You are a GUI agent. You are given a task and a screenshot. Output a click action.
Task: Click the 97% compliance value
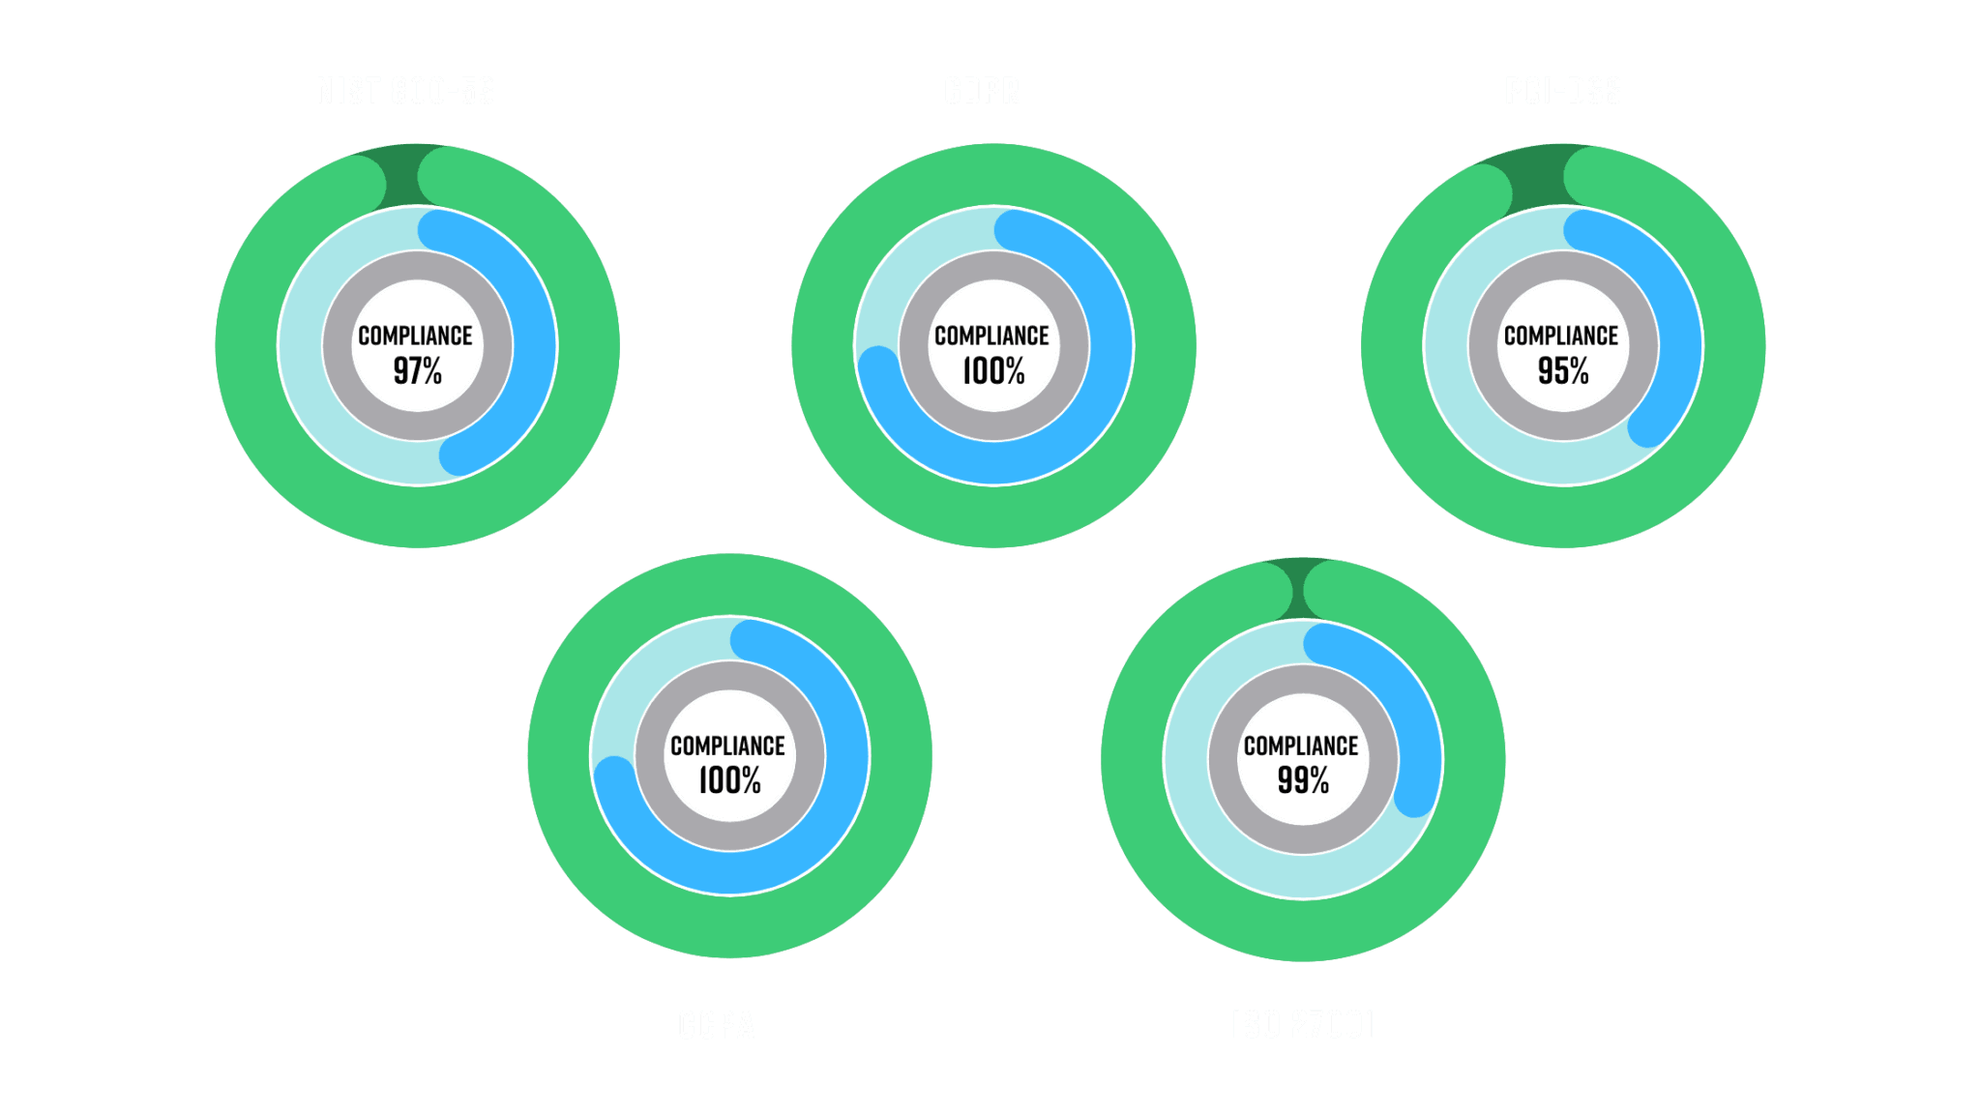pos(417,370)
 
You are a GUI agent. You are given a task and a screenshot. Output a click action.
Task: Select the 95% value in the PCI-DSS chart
pos(1563,370)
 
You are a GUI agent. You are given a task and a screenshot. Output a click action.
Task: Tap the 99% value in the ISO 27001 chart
pos(1303,780)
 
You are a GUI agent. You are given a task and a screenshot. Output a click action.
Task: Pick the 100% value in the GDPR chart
pos(993,370)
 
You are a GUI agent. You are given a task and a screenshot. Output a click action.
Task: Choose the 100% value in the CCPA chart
pos(729,780)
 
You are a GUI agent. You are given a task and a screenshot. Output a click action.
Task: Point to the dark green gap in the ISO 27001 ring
pos(1303,588)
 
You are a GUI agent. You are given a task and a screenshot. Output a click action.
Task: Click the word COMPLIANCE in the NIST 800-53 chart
pos(415,336)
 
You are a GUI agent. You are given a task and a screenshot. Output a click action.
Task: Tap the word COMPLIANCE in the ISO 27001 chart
pos(1301,746)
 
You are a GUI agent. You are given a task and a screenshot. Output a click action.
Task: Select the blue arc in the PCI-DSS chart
pos(1678,319)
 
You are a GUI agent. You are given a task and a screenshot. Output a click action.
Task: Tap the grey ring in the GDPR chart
pos(993,266)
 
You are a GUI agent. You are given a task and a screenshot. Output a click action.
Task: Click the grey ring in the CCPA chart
pos(729,677)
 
